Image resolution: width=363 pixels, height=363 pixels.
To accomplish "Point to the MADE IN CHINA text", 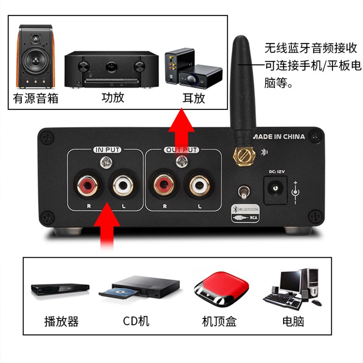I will pos(279,137).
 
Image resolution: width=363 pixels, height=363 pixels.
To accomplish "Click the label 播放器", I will pos(61,322).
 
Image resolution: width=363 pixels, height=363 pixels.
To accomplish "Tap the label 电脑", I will pos(293,322).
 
